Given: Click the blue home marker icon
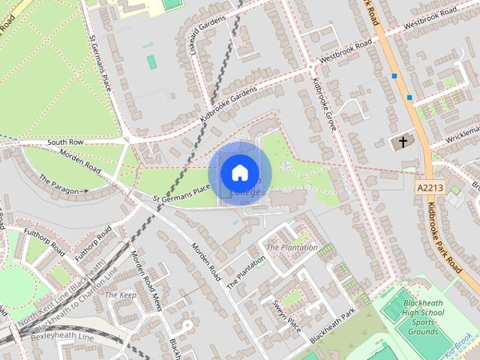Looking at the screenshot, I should coord(239,172).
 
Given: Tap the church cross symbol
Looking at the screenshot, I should coord(403,141).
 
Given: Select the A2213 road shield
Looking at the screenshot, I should coord(427,188).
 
